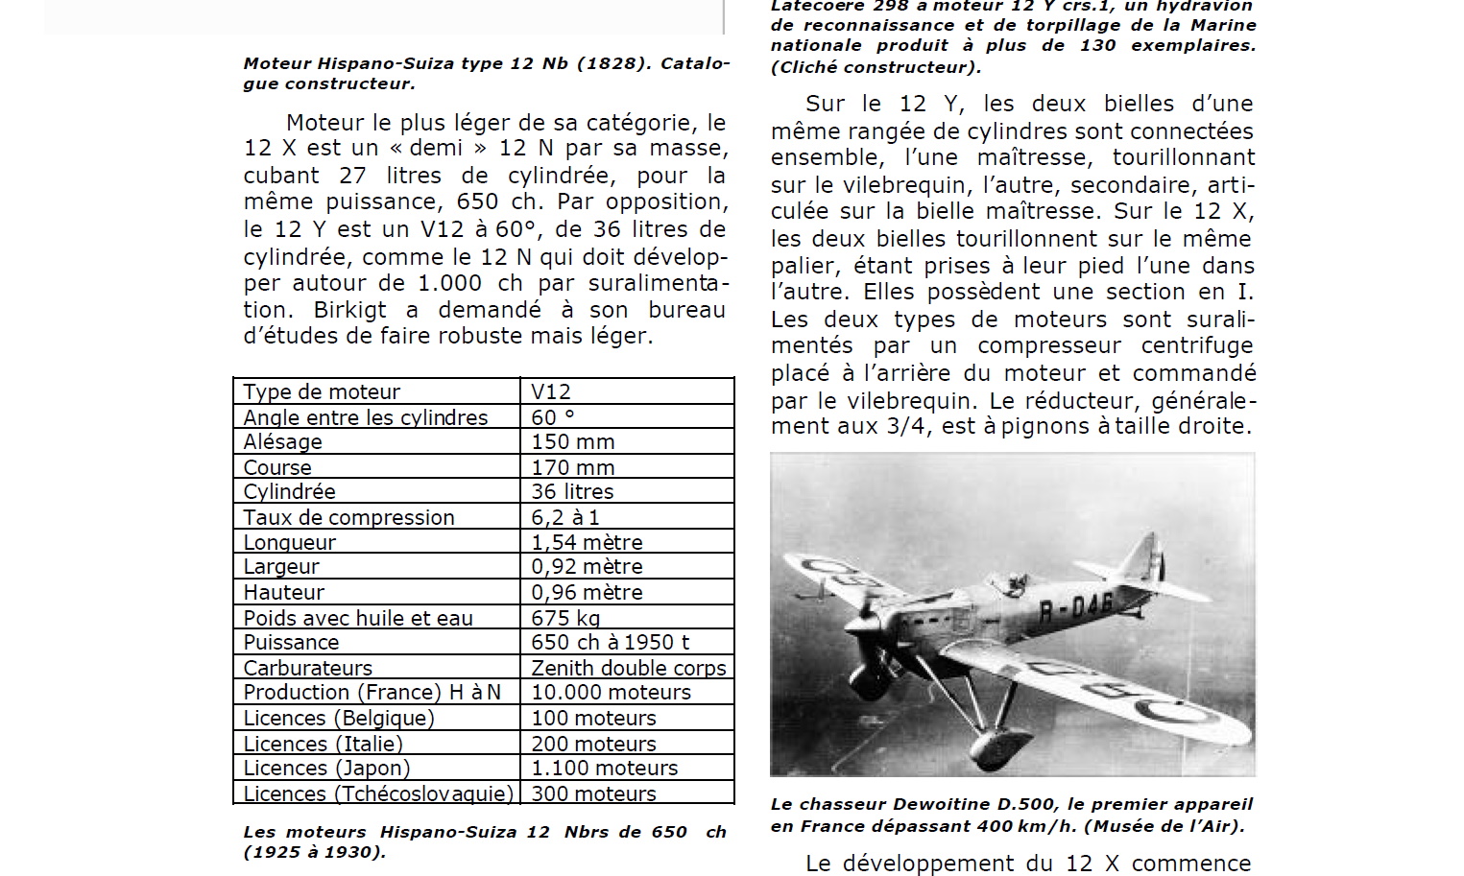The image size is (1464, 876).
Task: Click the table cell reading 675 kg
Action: tap(565, 618)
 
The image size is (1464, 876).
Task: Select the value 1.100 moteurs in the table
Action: tap(604, 768)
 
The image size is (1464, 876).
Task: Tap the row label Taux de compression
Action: tap(348, 517)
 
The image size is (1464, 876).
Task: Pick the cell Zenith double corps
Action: tap(629, 668)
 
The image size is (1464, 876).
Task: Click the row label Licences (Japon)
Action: tap(326, 768)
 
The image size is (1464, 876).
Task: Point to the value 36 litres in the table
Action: tap(572, 491)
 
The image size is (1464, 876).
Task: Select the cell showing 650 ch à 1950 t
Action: tap(610, 642)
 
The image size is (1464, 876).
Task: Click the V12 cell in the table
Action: tap(551, 391)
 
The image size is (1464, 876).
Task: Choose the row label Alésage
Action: tap(282, 441)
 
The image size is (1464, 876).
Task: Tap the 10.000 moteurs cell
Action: tap(611, 692)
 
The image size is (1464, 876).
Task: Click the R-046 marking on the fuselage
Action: tap(1075, 606)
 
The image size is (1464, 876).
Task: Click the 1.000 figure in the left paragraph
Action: tap(449, 283)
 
